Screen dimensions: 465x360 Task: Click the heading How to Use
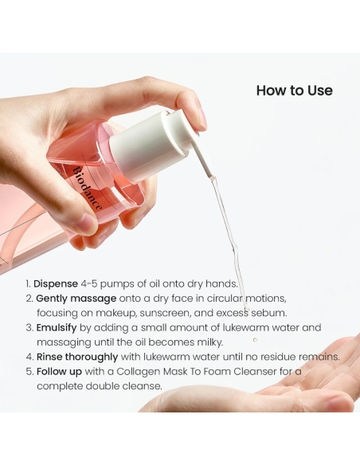[x=294, y=90]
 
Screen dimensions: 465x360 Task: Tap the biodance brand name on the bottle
[x=88, y=188]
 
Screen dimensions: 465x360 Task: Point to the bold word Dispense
[x=56, y=283]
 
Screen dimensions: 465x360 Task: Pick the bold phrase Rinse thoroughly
[x=76, y=357]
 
